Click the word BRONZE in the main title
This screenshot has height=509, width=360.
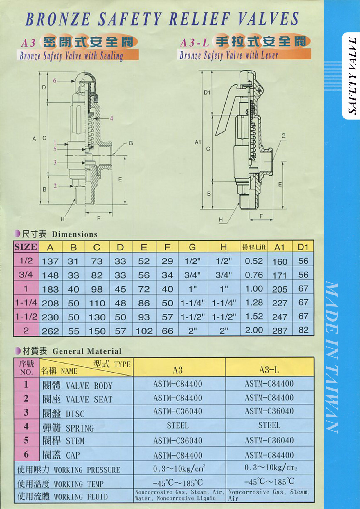(x=58, y=19)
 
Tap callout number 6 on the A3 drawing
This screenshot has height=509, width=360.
(x=55, y=80)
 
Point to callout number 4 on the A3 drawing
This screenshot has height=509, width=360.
(x=111, y=118)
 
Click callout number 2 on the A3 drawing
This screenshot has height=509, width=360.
(x=55, y=186)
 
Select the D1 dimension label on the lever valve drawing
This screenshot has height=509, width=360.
(x=207, y=93)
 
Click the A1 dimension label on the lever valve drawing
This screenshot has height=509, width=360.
(x=198, y=142)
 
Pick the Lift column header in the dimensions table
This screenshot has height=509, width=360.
(x=254, y=247)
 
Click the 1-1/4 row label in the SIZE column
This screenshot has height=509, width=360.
(x=26, y=303)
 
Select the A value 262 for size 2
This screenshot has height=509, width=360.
(x=50, y=331)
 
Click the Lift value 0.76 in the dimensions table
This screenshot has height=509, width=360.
(x=254, y=275)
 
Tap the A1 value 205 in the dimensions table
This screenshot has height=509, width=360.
(x=280, y=289)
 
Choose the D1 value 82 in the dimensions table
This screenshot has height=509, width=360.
(x=303, y=330)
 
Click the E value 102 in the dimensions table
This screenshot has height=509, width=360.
(x=144, y=331)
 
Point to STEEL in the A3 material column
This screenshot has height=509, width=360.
(x=178, y=425)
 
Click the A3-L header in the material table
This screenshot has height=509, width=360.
(x=269, y=370)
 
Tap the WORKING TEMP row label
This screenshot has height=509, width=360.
(x=60, y=484)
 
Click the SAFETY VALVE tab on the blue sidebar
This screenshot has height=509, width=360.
(x=352, y=75)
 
